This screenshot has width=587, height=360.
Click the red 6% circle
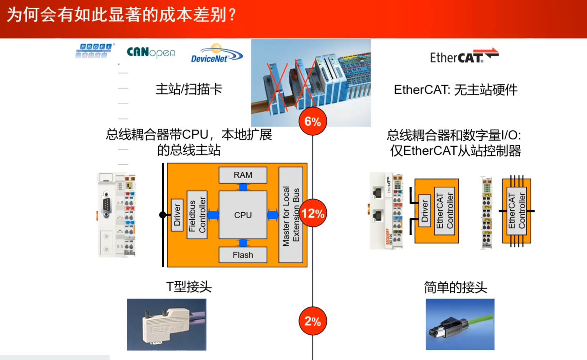[x=313, y=121]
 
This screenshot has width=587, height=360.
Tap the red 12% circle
[x=313, y=213]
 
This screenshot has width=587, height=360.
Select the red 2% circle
[x=313, y=321]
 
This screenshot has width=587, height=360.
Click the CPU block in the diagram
[x=243, y=215]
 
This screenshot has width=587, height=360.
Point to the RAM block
[x=243, y=175]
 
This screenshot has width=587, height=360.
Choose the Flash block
[x=243, y=255]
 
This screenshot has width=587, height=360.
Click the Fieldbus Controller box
[x=197, y=215]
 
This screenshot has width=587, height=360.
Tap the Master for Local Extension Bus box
[x=291, y=215]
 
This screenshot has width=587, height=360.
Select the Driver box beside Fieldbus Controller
[x=177, y=215]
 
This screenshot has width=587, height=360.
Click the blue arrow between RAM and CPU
[x=243, y=187]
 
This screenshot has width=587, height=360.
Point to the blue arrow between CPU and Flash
[x=243, y=243]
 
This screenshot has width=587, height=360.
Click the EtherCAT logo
[x=464, y=56]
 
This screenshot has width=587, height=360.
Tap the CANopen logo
[x=151, y=53]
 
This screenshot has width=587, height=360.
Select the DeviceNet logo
[x=216, y=54]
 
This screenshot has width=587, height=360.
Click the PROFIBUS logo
[x=95, y=51]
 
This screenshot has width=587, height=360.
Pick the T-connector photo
[x=167, y=325]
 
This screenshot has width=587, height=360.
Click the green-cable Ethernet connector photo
[x=460, y=325]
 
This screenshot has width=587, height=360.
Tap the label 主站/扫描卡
[x=189, y=89]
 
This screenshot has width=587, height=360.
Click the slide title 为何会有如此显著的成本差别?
[x=121, y=15]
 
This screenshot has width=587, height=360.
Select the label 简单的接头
[x=455, y=287]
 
